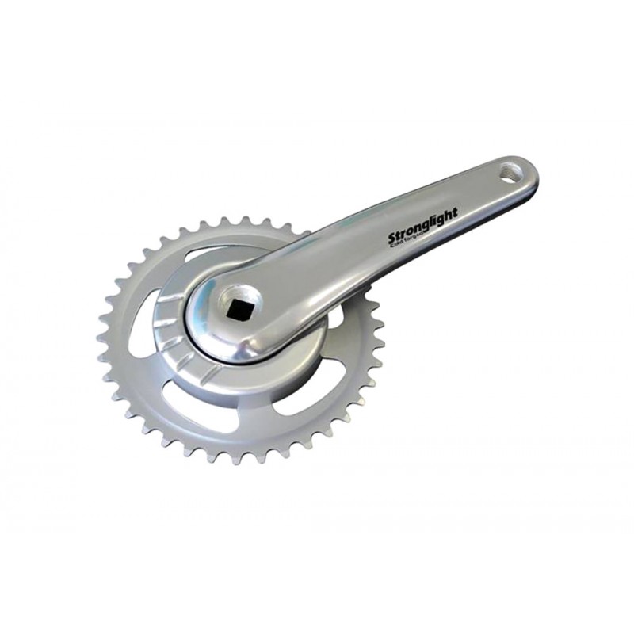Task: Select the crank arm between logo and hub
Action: click(317, 273)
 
